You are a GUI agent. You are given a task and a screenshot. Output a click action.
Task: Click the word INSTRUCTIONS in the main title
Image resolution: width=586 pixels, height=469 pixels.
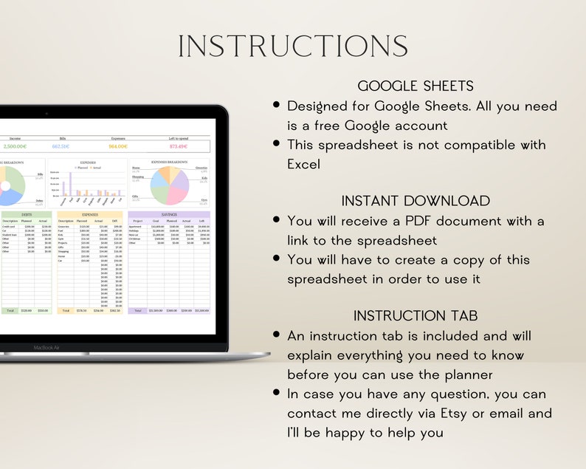[293, 46]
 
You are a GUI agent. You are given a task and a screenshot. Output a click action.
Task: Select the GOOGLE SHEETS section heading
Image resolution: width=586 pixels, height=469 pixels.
[416, 86]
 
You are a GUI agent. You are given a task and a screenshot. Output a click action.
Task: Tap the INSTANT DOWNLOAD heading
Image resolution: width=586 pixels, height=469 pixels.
[416, 201]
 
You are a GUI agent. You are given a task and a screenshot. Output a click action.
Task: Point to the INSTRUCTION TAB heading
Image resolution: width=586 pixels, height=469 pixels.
[416, 315]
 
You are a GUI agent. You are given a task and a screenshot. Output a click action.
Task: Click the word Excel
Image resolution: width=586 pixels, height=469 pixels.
[304, 164]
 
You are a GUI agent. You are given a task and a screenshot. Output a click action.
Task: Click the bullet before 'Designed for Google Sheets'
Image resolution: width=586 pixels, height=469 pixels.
[276, 106]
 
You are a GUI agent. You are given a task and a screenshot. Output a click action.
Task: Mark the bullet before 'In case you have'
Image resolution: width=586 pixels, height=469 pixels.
[276, 394]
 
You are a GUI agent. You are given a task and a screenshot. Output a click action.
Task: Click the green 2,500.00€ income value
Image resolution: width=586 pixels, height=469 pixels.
[17, 146]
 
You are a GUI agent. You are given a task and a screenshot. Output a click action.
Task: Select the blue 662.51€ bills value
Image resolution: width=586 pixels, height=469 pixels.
[66, 146]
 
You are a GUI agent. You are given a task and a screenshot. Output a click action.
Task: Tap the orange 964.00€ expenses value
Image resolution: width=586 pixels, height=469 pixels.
[118, 146]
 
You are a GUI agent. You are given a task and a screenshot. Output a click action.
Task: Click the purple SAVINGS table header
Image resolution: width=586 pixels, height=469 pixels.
[168, 214]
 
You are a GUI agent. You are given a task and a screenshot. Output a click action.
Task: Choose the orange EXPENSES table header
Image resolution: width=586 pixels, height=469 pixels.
[90, 214]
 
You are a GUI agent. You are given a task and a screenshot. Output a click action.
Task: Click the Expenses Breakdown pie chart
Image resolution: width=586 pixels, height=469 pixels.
[170, 185]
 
